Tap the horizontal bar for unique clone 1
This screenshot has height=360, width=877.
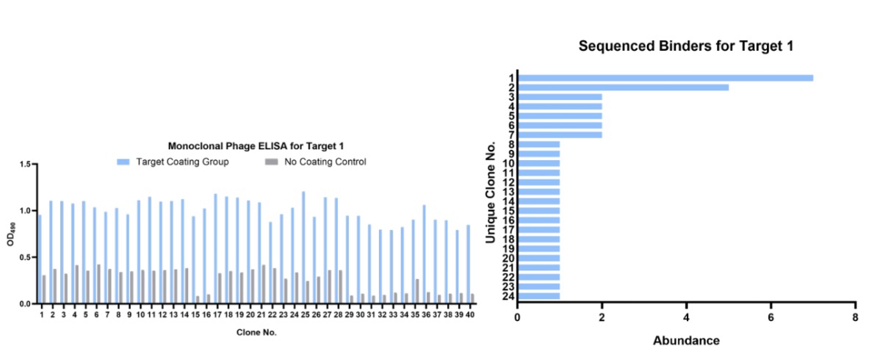[x=665, y=78]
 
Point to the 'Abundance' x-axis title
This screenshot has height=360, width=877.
[x=686, y=340]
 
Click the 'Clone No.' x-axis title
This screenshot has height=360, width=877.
[x=256, y=332]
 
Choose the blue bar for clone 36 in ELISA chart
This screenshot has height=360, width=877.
[x=423, y=253]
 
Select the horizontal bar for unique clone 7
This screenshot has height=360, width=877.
[x=560, y=134]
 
